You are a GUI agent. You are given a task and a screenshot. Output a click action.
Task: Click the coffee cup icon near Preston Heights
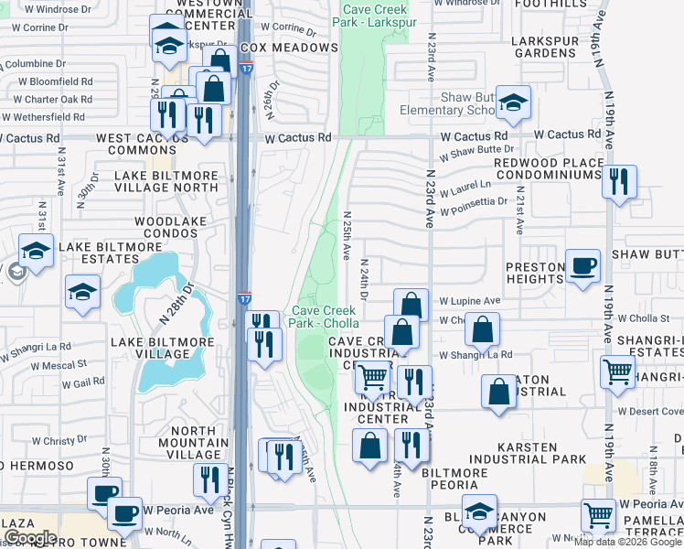click(x=582, y=267)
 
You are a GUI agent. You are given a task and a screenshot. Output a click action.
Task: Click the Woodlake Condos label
click(x=166, y=227)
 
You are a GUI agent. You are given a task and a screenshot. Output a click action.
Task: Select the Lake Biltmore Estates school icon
click(x=36, y=252)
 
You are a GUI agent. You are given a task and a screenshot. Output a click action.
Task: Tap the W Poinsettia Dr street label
click(x=473, y=211)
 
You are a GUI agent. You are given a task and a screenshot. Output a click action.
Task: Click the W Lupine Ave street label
click(x=470, y=300)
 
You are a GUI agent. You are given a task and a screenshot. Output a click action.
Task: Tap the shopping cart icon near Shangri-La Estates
click(x=618, y=371)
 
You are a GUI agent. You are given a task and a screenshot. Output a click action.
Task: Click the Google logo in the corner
click(x=30, y=537)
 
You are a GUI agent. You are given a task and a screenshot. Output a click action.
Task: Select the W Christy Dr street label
click(x=59, y=441)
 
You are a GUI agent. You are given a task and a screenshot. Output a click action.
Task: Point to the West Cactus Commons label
click(x=149, y=144)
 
